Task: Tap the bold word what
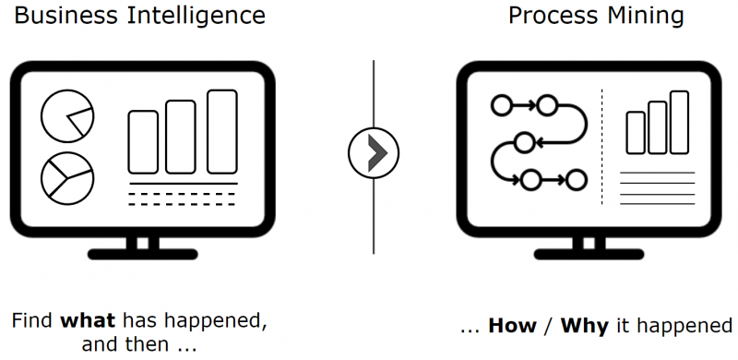pyautogui.click(x=88, y=321)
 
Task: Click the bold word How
pyautogui.click(x=512, y=326)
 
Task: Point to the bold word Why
pyautogui.click(x=584, y=327)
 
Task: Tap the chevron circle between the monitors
pyautogui.click(x=374, y=152)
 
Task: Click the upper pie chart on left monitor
pyautogui.click(x=67, y=116)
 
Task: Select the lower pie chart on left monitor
pyautogui.click(x=67, y=178)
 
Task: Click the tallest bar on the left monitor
pyautogui.click(x=222, y=131)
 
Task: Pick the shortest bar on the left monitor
pyautogui.click(x=143, y=142)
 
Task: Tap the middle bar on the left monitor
pyautogui.click(x=181, y=137)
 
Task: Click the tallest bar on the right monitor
pyautogui.click(x=680, y=123)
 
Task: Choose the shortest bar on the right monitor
pyautogui.click(x=636, y=132)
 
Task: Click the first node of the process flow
pyautogui.click(x=501, y=105)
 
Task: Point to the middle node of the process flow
pyautogui.click(x=524, y=143)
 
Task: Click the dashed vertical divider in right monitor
pyautogui.click(x=602, y=147)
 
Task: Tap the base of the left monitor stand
pyautogui.click(x=143, y=255)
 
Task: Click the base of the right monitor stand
pyautogui.click(x=589, y=255)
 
